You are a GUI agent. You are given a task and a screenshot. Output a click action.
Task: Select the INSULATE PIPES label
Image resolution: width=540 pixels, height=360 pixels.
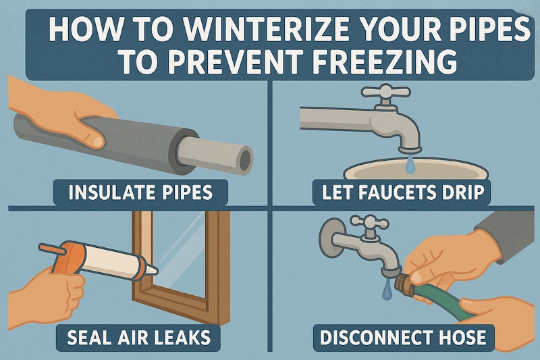140,192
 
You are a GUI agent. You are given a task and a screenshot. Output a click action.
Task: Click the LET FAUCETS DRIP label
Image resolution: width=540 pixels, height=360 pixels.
401,192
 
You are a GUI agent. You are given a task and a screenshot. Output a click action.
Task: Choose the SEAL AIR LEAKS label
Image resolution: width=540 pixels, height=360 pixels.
138,337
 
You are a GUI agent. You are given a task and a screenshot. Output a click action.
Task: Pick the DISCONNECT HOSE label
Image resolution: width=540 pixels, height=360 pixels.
403,337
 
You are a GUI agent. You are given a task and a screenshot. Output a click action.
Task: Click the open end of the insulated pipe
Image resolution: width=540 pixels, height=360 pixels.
245,159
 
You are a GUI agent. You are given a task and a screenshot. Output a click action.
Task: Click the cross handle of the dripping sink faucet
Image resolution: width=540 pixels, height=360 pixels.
385,92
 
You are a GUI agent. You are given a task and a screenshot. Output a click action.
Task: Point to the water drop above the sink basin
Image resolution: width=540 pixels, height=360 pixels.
409,164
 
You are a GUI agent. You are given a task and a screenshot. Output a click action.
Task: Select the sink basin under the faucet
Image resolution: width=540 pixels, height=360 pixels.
416,169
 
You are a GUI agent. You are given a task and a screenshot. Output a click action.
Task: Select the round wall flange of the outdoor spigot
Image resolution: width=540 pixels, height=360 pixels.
330,239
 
